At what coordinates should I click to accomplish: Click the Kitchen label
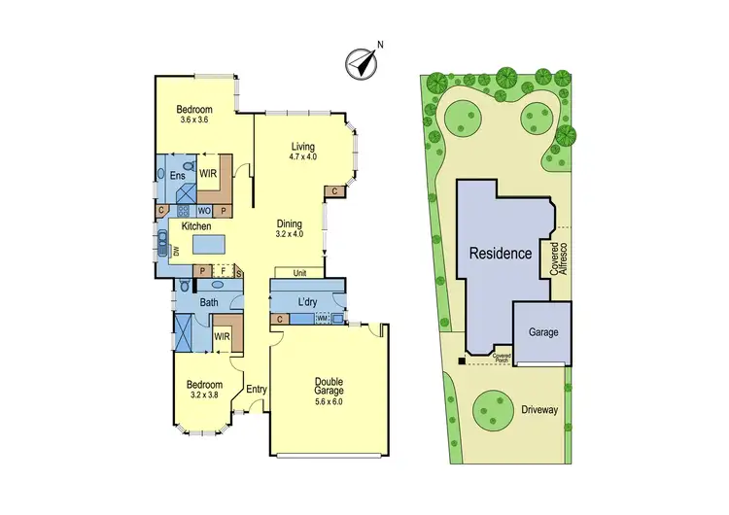tap(196, 226)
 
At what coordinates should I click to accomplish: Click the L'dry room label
tap(308, 301)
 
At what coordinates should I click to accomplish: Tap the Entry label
tap(257, 390)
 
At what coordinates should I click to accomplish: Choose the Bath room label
tap(209, 303)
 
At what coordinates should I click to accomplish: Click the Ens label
tap(178, 176)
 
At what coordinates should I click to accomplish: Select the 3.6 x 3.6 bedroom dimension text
tap(196, 120)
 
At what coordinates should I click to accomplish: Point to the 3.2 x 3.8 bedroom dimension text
tap(204, 395)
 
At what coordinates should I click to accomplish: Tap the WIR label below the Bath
tap(222, 336)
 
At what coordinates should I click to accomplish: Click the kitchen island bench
tap(203, 243)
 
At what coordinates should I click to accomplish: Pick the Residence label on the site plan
tap(501, 254)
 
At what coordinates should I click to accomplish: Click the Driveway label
tap(538, 410)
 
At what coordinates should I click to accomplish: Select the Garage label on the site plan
tap(543, 332)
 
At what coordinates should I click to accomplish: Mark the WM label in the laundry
tap(321, 318)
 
